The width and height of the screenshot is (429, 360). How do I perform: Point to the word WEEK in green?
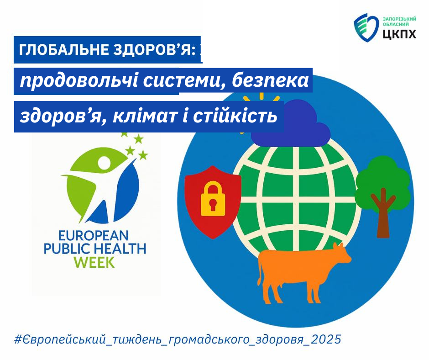(94, 262)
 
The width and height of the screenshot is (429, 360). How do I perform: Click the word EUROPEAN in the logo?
(94, 235)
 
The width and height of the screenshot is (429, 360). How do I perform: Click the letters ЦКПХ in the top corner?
(399, 34)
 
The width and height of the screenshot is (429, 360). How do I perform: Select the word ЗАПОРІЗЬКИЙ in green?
(399, 19)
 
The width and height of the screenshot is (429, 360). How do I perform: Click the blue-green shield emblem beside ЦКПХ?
(366, 28)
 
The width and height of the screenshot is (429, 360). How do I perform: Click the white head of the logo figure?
(104, 163)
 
